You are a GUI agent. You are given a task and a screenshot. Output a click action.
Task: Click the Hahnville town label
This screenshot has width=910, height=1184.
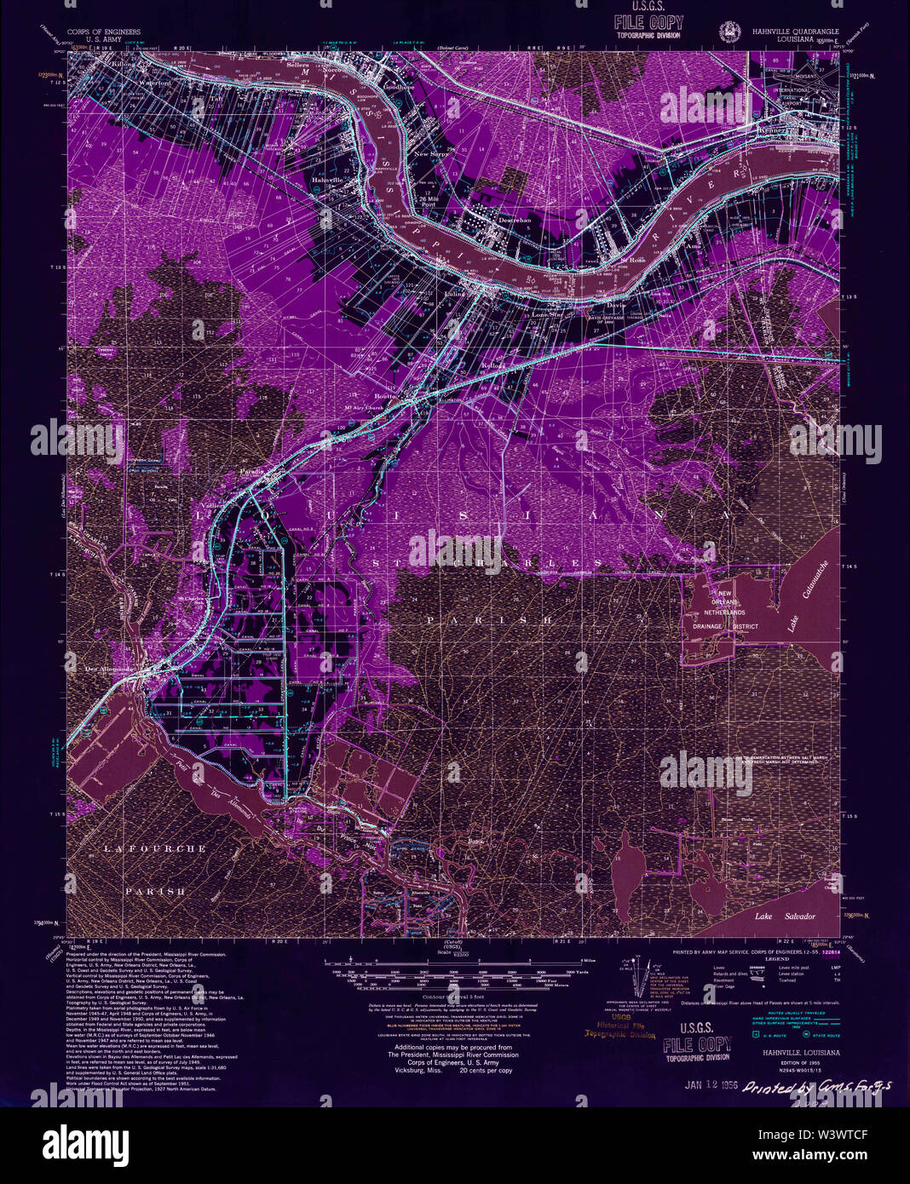[327, 181]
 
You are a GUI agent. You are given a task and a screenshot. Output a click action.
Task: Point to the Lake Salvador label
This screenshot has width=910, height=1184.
[785, 917]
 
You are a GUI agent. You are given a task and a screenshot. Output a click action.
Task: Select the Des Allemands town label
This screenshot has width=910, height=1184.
[111, 669]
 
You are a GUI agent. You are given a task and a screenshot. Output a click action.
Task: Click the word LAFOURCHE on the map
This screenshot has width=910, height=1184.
[155, 848]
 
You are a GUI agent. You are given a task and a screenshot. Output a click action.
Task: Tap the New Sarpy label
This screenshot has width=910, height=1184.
[431, 154]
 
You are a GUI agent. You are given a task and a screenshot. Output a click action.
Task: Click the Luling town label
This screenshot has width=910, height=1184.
[455, 294]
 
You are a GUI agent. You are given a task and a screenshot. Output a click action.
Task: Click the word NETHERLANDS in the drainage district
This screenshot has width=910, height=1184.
[724, 612]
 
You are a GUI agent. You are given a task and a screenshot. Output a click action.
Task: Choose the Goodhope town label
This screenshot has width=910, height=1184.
[398, 87]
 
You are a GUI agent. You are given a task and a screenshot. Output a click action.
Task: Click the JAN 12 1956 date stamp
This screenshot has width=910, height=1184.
[710, 1086]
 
